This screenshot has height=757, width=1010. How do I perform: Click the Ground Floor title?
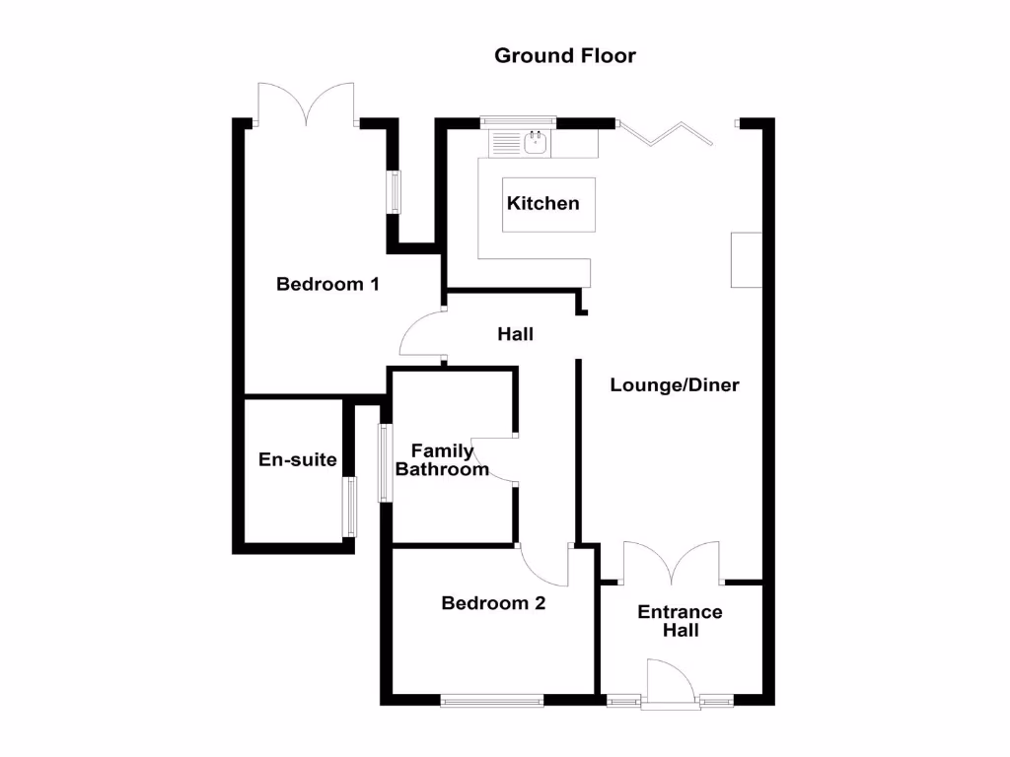click(565, 56)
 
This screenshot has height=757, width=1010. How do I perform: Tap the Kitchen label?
click(543, 204)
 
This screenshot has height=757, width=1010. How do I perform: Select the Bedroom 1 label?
click(327, 285)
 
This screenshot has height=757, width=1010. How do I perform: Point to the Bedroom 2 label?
click(493, 603)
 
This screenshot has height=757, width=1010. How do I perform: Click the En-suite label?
click(298, 460)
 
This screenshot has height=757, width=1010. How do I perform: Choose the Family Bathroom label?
click(442, 460)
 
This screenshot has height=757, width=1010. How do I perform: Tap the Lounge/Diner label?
click(675, 385)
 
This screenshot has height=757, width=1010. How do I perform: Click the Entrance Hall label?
click(680, 621)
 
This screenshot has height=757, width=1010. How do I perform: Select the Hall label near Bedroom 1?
click(515, 335)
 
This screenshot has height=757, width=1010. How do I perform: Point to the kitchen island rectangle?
click(549, 222)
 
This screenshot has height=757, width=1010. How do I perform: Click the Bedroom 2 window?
click(492, 702)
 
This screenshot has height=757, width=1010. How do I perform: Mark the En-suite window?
click(349, 508)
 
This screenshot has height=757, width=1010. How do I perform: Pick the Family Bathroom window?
click(386, 462)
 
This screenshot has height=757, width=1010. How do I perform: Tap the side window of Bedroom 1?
click(395, 191)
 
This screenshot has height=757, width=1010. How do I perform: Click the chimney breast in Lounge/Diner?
click(747, 260)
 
